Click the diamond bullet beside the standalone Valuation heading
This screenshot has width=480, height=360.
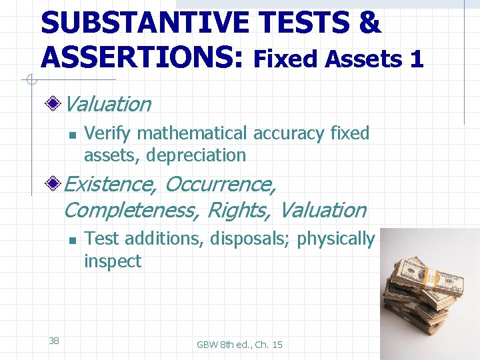pos(56,104)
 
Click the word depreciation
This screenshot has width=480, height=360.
pos(196,155)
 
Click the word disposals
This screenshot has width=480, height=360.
pos(253,239)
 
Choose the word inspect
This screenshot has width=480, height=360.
pos(112,261)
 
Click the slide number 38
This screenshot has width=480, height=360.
pos(54,341)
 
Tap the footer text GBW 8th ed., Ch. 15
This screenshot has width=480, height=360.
pos(239,344)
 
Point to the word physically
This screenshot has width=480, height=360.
pos(336,239)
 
